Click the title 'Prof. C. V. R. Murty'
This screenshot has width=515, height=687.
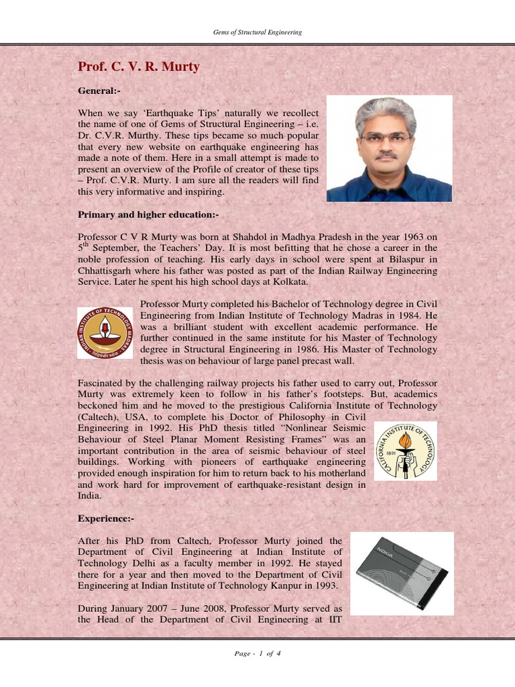[139, 66]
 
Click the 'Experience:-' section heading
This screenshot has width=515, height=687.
[105, 519]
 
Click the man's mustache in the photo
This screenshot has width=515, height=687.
[386, 156]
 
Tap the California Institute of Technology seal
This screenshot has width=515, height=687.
[404, 450]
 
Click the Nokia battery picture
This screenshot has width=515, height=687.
[401, 574]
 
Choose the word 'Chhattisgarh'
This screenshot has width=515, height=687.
[109, 270]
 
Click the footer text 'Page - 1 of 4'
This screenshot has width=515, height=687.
[257, 654]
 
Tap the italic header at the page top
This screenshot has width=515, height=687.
[257, 32]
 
